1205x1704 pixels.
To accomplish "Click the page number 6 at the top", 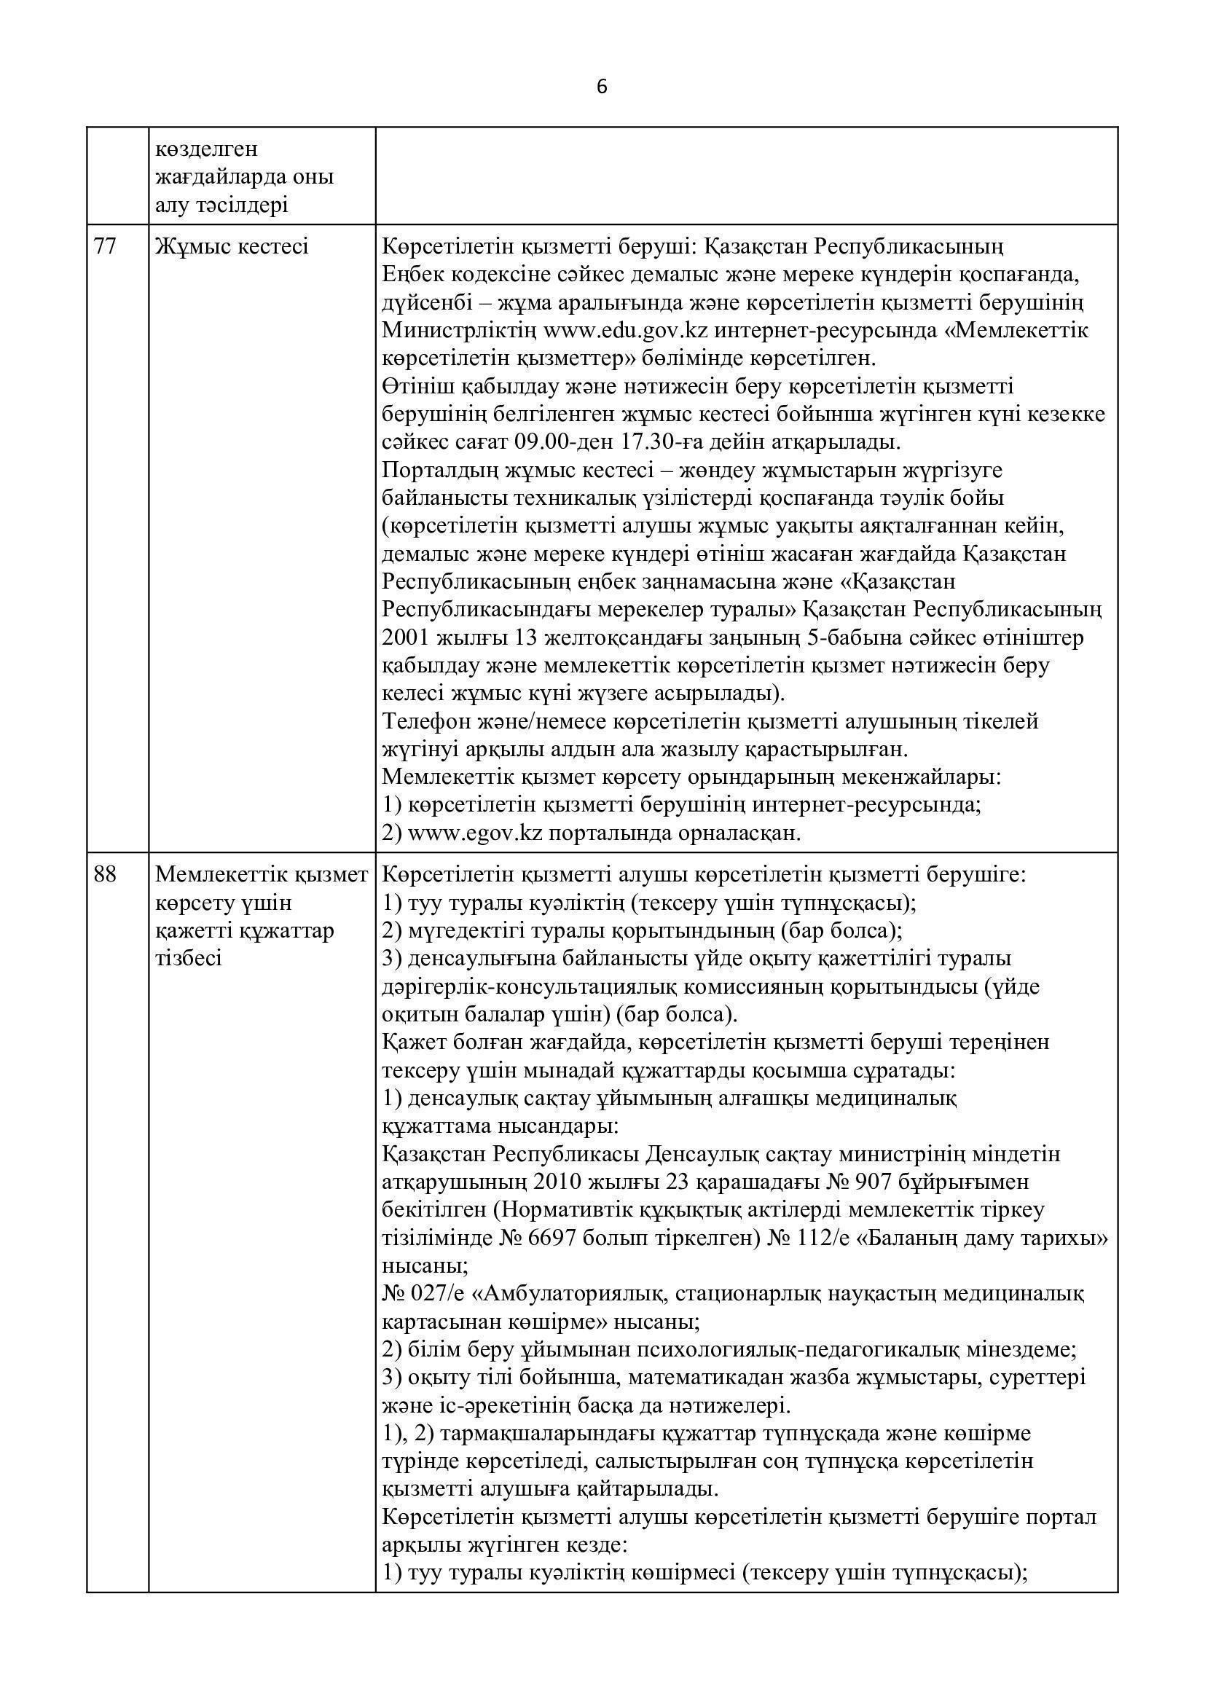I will coord(602,87).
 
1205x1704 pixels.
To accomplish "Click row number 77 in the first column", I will coord(106,246).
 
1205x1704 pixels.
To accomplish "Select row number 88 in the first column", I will coord(106,875).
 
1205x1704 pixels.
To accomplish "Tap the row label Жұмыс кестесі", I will coord(232,246).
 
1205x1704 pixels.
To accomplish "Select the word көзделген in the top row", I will coord(207,149).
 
